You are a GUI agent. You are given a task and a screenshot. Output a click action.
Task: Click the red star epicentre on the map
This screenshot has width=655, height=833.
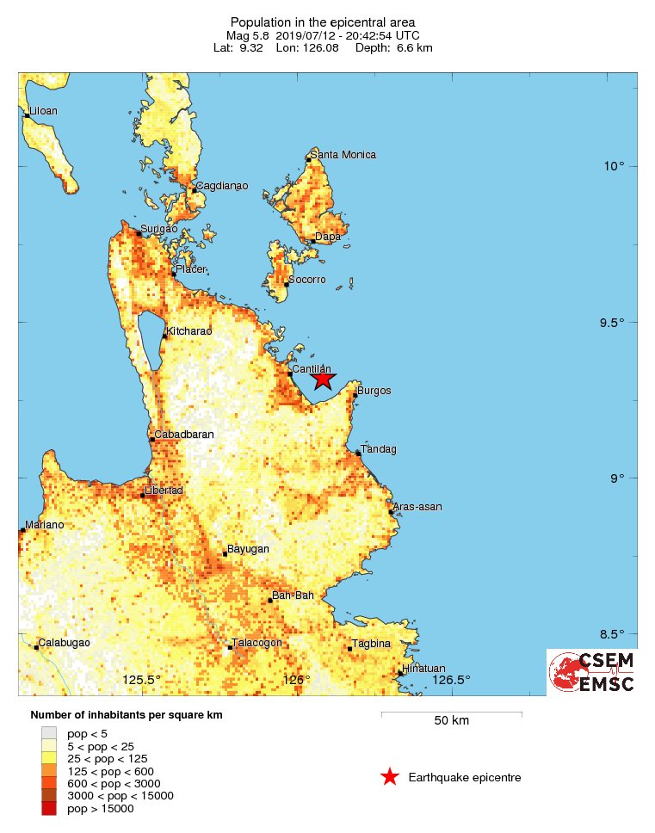(322, 379)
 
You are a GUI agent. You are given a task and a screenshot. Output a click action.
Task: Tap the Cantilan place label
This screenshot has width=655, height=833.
(312, 368)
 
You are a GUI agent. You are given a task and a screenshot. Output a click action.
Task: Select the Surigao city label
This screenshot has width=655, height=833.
(158, 229)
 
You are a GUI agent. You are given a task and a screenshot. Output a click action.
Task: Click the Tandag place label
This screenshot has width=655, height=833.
(377, 448)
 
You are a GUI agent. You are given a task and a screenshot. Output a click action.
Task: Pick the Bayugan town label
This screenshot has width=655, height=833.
(248, 548)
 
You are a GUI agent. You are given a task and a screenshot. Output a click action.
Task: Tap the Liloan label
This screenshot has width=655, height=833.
(44, 111)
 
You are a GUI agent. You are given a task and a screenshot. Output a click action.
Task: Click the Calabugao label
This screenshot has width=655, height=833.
(65, 642)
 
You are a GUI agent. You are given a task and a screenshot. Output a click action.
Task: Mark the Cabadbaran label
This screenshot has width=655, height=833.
(183, 435)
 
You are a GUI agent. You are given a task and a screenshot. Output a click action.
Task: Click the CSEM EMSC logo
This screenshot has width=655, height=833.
(592, 672)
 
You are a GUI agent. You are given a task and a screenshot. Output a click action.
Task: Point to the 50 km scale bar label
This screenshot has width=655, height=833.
(451, 720)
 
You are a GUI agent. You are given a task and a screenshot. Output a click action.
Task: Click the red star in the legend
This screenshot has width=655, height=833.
(390, 777)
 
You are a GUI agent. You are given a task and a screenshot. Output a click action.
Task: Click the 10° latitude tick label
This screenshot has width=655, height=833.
(614, 165)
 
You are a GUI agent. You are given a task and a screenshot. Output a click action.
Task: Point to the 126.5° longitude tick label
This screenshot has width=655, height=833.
(452, 680)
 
